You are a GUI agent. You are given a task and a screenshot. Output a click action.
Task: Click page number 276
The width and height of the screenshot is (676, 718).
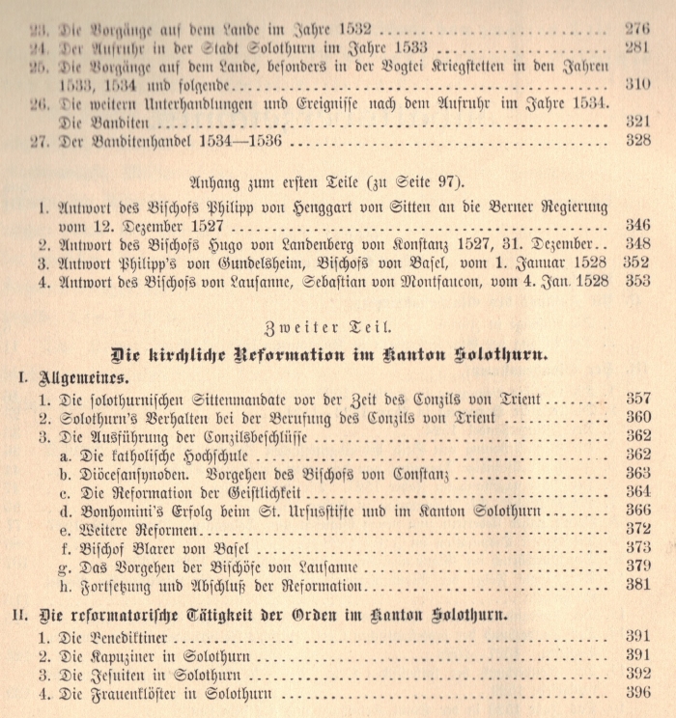(636, 28)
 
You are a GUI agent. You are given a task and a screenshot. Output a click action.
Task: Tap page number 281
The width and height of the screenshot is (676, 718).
(636, 47)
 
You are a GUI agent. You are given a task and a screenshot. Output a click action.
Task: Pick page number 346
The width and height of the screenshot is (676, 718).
(636, 225)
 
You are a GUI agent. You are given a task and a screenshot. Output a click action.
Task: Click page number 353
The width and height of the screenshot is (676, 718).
(636, 281)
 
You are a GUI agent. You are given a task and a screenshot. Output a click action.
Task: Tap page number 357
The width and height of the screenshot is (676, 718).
(636, 398)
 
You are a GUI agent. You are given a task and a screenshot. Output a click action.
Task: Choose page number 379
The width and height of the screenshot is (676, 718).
(636, 566)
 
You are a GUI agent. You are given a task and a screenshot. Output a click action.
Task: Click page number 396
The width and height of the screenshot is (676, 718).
(636, 694)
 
